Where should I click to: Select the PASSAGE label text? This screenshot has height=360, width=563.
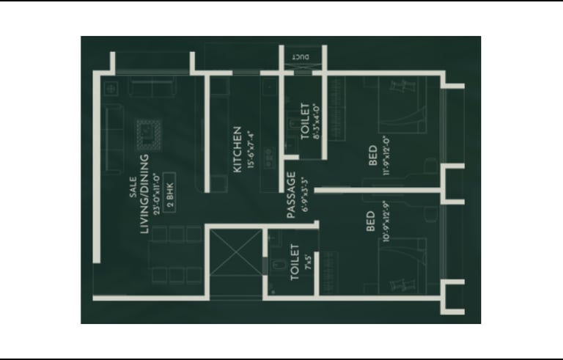click(291, 195)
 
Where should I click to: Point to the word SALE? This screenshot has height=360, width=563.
click(132, 191)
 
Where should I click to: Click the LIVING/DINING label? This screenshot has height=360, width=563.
click(144, 194)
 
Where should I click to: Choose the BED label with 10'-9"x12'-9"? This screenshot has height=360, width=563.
click(370, 223)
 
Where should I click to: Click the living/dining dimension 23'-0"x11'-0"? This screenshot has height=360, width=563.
click(157, 194)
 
